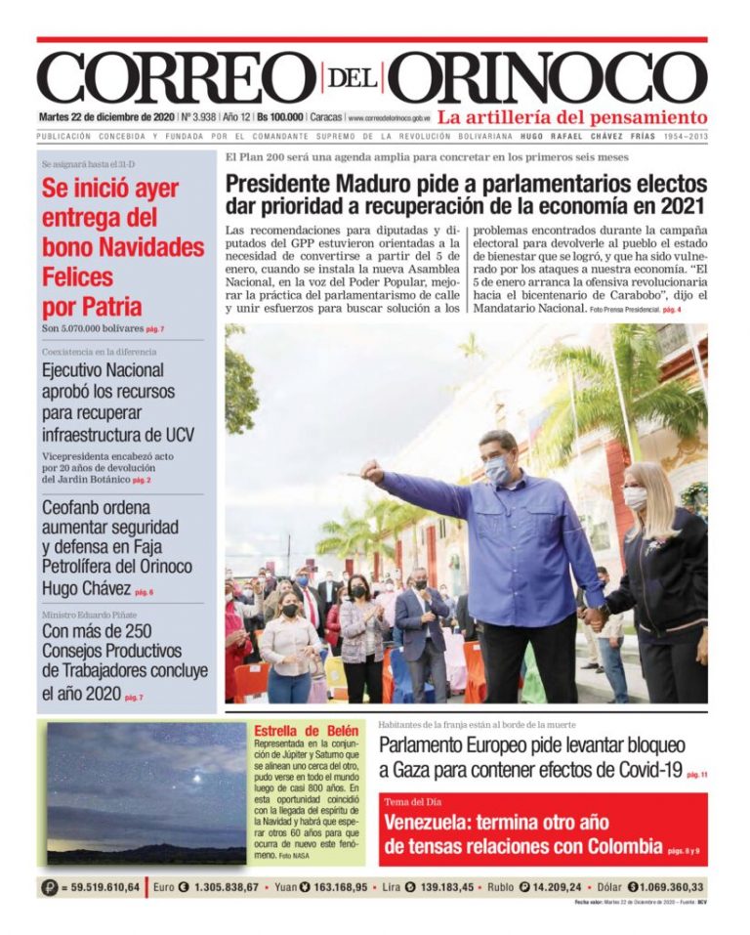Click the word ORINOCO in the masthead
tap(553, 76)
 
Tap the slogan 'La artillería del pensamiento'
tap(572, 117)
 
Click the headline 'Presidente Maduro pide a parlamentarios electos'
tap(466, 183)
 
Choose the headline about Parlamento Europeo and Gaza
tap(532, 757)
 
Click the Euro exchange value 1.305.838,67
tap(219, 887)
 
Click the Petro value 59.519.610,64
tap(101, 887)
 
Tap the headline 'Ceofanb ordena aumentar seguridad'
tap(117, 547)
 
